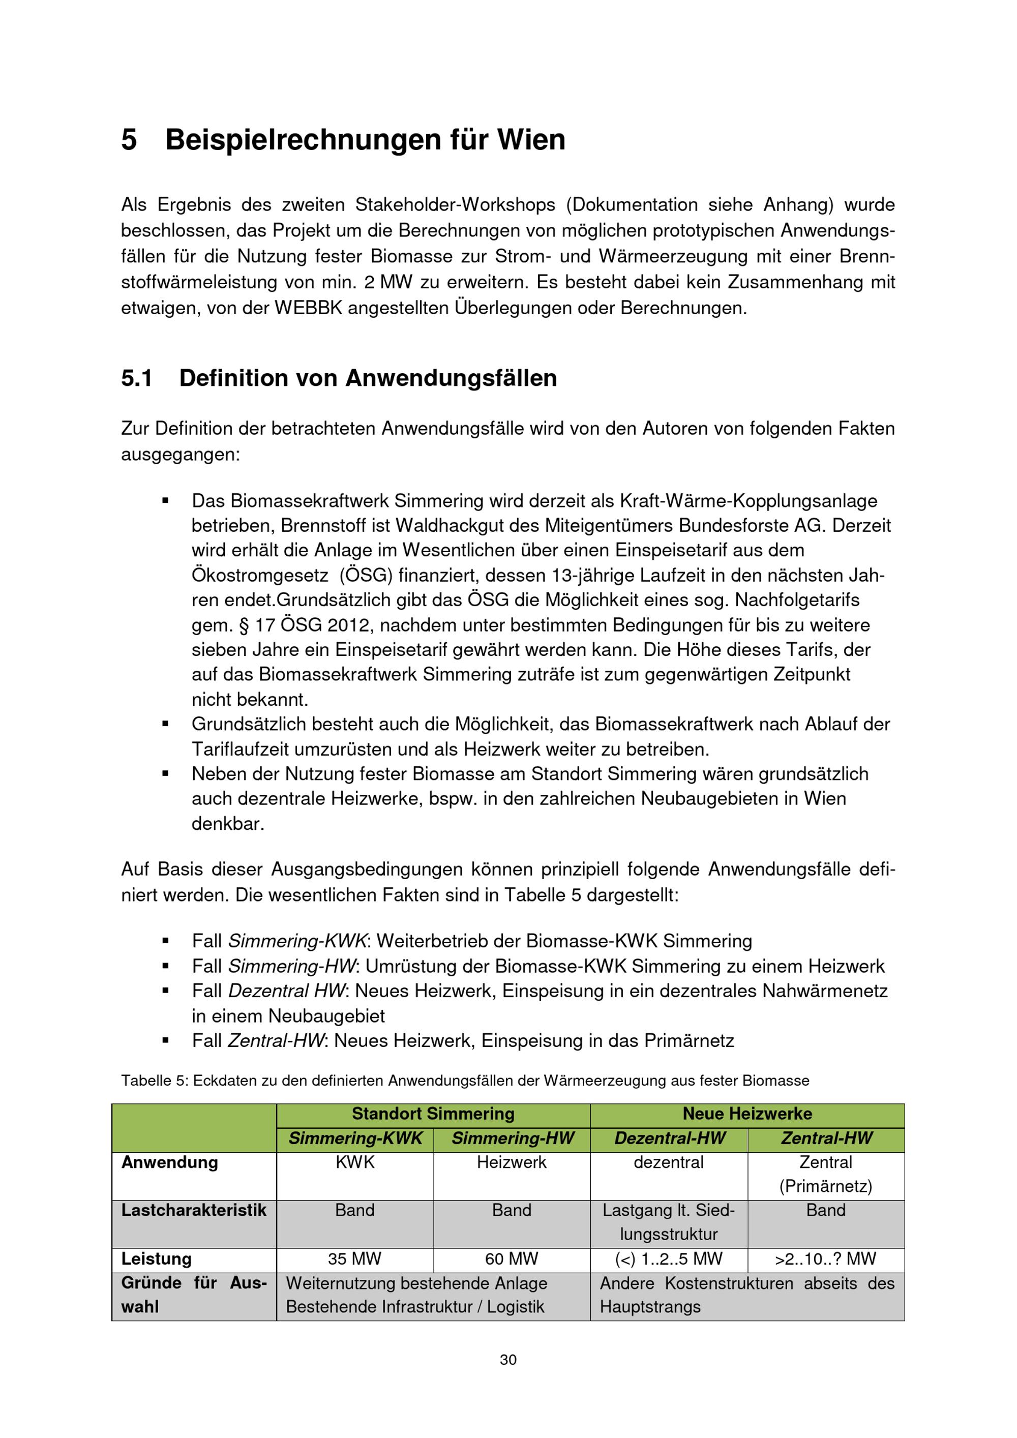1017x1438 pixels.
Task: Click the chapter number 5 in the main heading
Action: click(129, 140)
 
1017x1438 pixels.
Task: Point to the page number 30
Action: click(508, 1360)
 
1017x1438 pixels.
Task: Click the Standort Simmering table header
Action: click(433, 1114)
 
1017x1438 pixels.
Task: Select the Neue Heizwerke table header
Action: click(747, 1114)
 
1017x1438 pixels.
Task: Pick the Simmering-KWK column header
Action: click(355, 1138)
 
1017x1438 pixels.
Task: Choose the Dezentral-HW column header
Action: click(670, 1138)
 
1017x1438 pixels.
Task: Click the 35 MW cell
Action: click(354, 1259)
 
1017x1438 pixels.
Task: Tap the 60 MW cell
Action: click(512, 1259)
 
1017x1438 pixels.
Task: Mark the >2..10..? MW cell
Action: click(825, 1259)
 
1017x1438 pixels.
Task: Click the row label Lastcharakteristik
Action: click(194, 1210)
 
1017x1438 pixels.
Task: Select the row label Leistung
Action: click(157, 1259)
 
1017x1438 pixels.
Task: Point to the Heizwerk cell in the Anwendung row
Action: click(512, 1162)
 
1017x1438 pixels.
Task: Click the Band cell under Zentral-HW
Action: click(825, 1210)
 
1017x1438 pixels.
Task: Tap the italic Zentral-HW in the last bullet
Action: click(276, 1041)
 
